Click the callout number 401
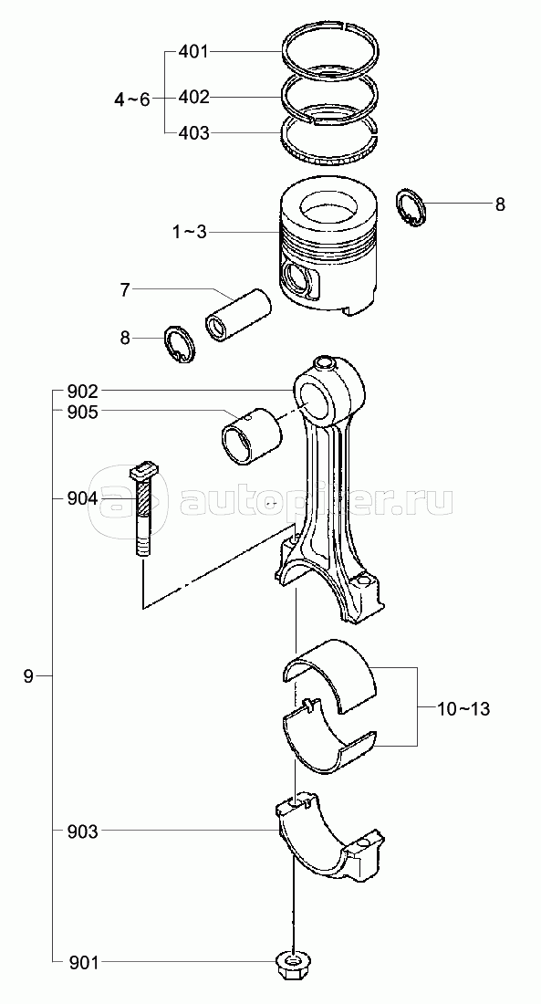click(192, 51)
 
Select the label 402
click(192, 98)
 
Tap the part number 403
click(192, 133)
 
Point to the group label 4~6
click(132, 99)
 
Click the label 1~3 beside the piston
click(190, 231)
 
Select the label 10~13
click(464, 709)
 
